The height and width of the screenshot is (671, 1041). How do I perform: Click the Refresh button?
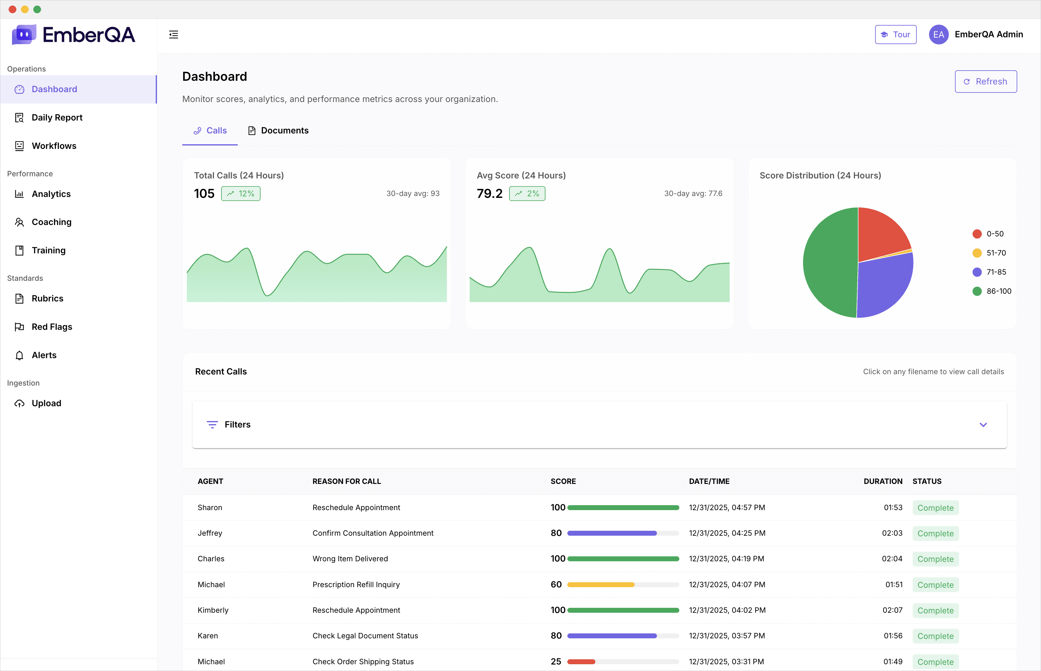985,81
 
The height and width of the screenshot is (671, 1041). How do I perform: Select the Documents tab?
278,130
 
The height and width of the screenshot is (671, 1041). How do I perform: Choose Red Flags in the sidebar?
51,327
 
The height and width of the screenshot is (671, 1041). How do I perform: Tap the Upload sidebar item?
46,403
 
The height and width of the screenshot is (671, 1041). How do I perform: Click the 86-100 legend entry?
991,291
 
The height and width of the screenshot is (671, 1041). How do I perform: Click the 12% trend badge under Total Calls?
241,194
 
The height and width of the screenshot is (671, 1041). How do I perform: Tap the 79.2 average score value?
489,194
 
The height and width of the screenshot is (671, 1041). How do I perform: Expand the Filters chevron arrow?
983,424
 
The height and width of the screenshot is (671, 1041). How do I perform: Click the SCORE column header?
563,481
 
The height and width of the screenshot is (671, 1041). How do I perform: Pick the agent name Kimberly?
213,610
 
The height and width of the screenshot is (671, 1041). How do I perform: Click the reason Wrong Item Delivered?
350,558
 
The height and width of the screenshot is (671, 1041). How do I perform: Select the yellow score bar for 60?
601,585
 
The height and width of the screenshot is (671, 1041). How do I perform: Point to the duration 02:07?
892,610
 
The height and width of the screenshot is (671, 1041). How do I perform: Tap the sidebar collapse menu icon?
174,35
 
